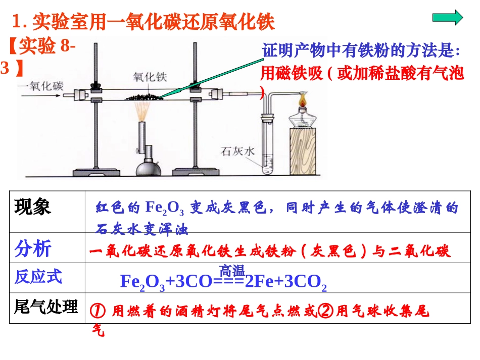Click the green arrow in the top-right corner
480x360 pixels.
coord(447,18)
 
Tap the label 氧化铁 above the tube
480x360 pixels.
coord(149,77)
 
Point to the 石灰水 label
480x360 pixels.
coord(235,150)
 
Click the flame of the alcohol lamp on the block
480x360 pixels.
coord(304,99)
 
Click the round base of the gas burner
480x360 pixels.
coord(145,166)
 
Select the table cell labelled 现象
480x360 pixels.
coord(33,208)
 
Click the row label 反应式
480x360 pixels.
coord(38,277)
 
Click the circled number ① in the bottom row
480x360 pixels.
coord(97,311)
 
